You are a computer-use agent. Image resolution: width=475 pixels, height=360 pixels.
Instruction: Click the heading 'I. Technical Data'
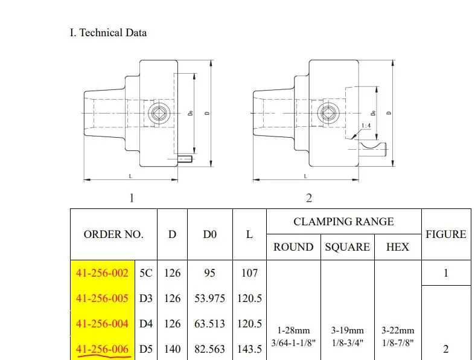(108, 32)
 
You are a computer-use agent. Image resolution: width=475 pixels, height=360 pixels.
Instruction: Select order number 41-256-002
(102, 273)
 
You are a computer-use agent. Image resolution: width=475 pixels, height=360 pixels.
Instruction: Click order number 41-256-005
(102, 298)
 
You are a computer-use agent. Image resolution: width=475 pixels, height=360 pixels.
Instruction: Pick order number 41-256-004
(102, 324)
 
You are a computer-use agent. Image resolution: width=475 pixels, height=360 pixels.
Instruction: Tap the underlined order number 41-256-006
(102, 349)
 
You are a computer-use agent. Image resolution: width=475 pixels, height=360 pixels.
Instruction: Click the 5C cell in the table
(146, 273)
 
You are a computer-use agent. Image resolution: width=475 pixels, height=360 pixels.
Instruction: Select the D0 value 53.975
(209, 298)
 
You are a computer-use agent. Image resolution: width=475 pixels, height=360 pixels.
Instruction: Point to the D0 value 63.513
(209, 324)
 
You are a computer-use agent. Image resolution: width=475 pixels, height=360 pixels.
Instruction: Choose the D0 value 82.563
(209, 349)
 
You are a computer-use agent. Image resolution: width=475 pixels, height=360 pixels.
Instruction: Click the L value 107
(249, 273)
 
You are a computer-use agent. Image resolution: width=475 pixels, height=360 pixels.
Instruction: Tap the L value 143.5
(249, 349)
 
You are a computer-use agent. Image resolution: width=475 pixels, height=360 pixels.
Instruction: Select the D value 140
(172, 349)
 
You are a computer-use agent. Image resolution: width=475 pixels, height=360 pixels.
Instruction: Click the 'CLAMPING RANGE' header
(343, 222)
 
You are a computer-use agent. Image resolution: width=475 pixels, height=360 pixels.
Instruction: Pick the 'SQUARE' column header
(348, 247)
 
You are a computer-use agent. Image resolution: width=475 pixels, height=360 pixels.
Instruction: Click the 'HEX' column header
(397, 247)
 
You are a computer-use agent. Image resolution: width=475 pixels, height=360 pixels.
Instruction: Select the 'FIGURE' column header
(446, 234)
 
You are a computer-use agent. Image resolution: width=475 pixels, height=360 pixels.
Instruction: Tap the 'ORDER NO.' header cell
(113, 234)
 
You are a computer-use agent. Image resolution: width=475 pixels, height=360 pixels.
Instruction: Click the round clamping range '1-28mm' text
(293, 330)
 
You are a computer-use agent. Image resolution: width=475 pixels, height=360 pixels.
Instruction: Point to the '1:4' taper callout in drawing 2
(366, 126)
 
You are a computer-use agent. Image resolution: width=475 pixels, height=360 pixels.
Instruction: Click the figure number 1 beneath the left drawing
(132, 198)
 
